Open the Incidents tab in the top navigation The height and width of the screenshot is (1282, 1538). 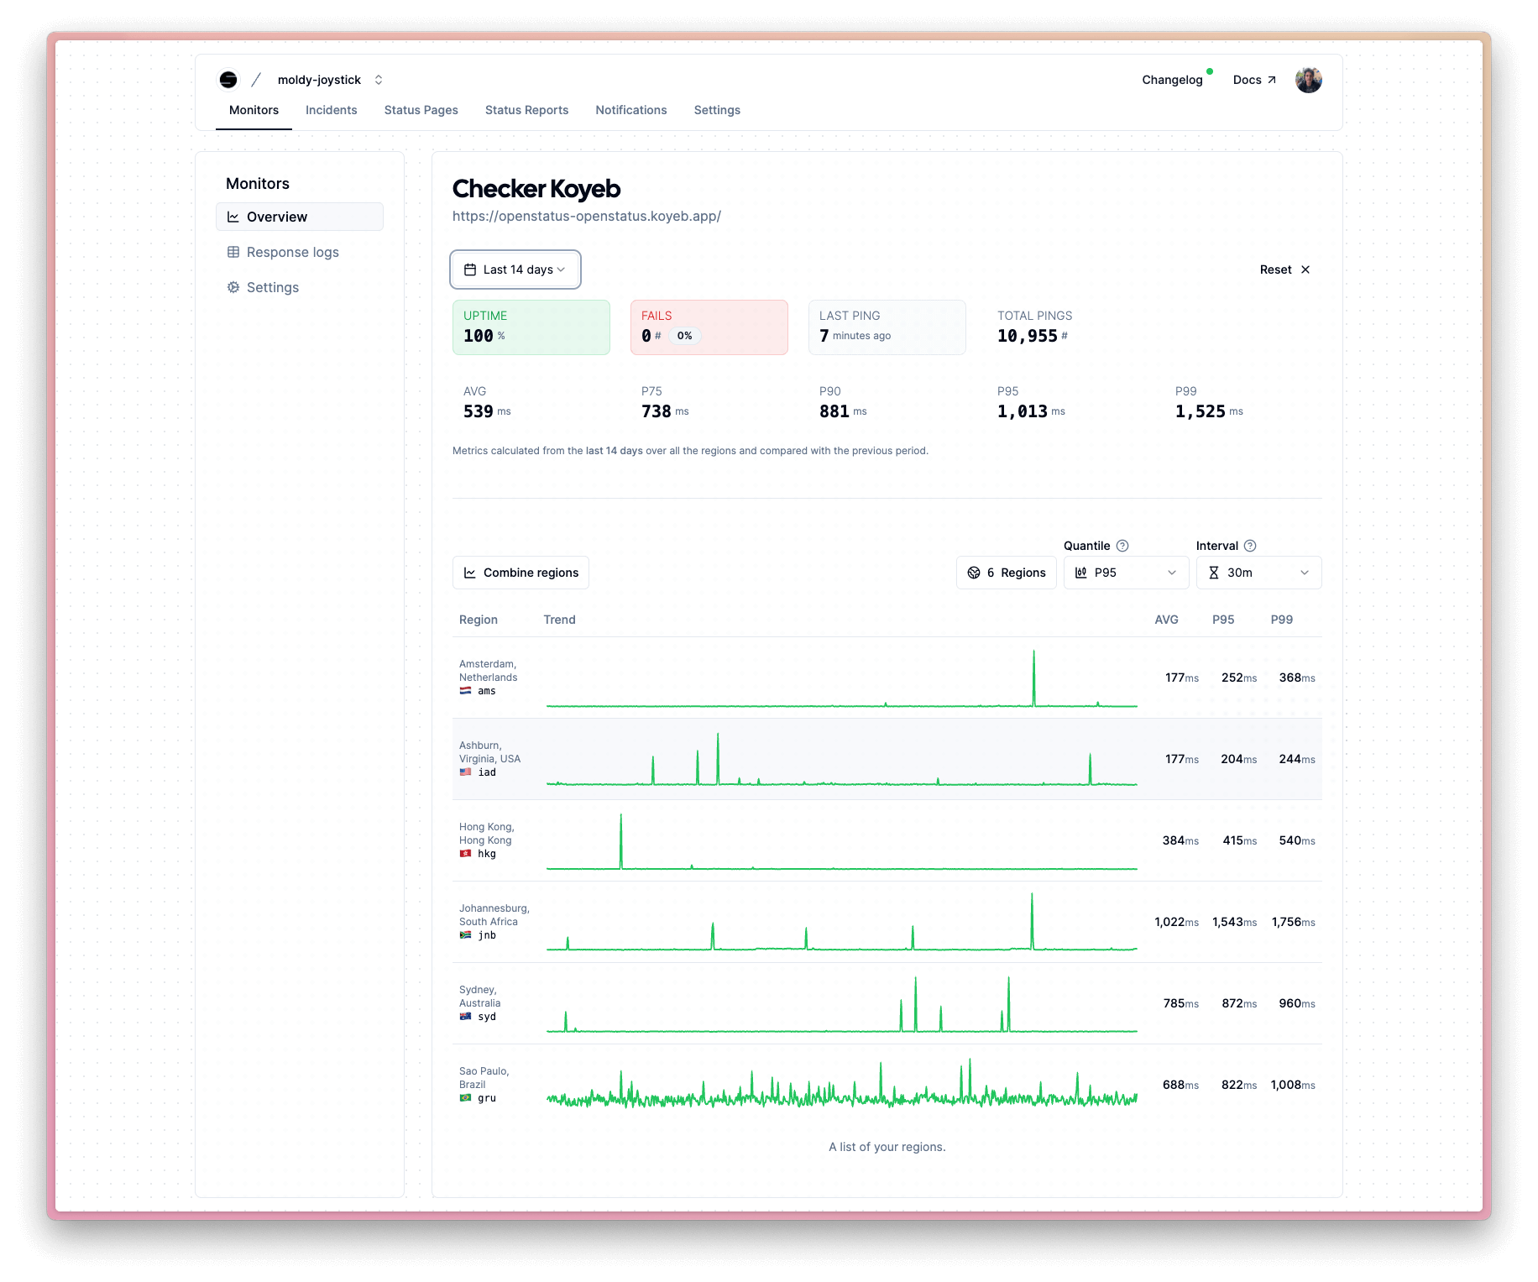[x=331, y=110]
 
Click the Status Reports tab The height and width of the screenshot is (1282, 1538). [x=526, y=110]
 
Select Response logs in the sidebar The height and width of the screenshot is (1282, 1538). [x=292, y=252]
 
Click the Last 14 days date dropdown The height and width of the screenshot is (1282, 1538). [x=515, y=269]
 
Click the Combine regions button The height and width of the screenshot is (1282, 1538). [x=521, y=573]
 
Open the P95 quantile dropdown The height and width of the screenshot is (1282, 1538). [x=1126, y=573]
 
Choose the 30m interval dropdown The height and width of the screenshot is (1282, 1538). [x=1258, y=573]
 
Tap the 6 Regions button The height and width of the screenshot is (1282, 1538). [x=1006, y=573]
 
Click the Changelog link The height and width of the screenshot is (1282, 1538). [x=1172, y=80]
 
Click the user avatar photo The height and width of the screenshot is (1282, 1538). [x=1308, y=80]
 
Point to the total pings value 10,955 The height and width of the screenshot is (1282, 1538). [x=1027, y=336]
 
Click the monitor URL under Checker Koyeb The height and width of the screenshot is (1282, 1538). [x=586, y=216]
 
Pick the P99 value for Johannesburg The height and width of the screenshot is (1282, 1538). [x=1293, y=922]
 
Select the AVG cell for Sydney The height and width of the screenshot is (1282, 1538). [x=1180, y=1003]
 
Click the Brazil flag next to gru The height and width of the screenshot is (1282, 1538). [x=465, y=1098]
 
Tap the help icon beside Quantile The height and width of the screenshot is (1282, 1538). [x=1122, y=546]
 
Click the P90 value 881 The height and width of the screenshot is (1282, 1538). [x=834, y=411]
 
